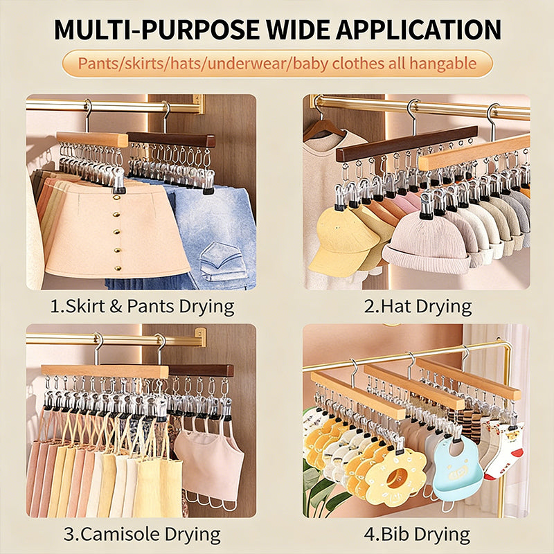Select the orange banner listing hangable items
276,64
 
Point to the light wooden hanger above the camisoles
104,371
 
